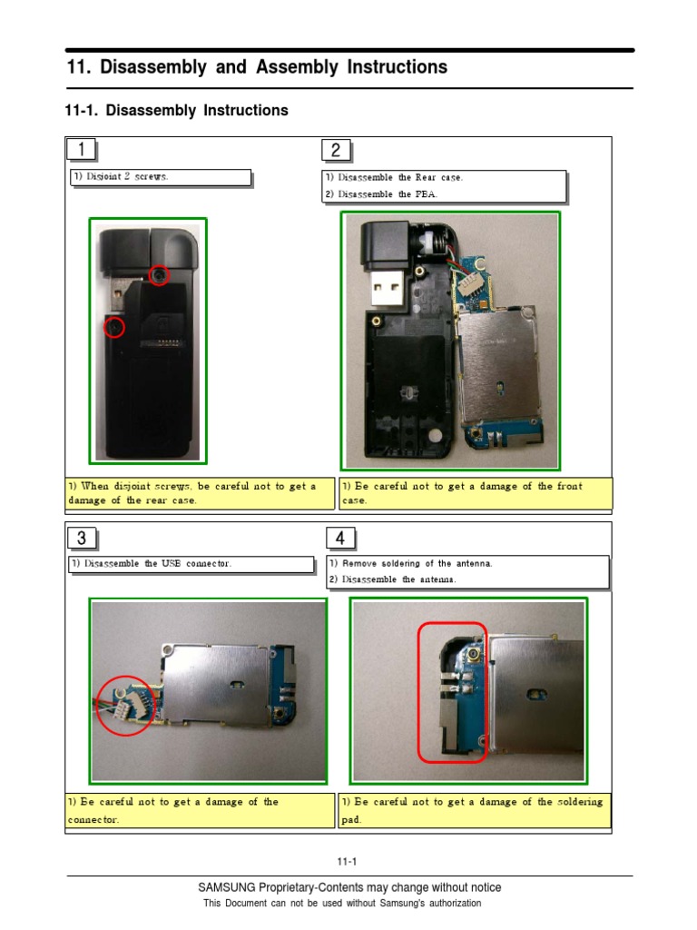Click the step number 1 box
[83, 150]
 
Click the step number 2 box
[336, 150]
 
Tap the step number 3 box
[83, 539]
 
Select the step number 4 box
[340, 539]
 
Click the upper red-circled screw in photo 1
[159, 274]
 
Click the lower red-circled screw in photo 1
[113, 326]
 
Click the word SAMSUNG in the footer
[227, 887]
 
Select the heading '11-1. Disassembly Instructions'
[177, 111]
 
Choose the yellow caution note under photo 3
[200, 810]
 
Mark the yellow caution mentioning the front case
[476, 493]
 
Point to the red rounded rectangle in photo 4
[452, 691]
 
